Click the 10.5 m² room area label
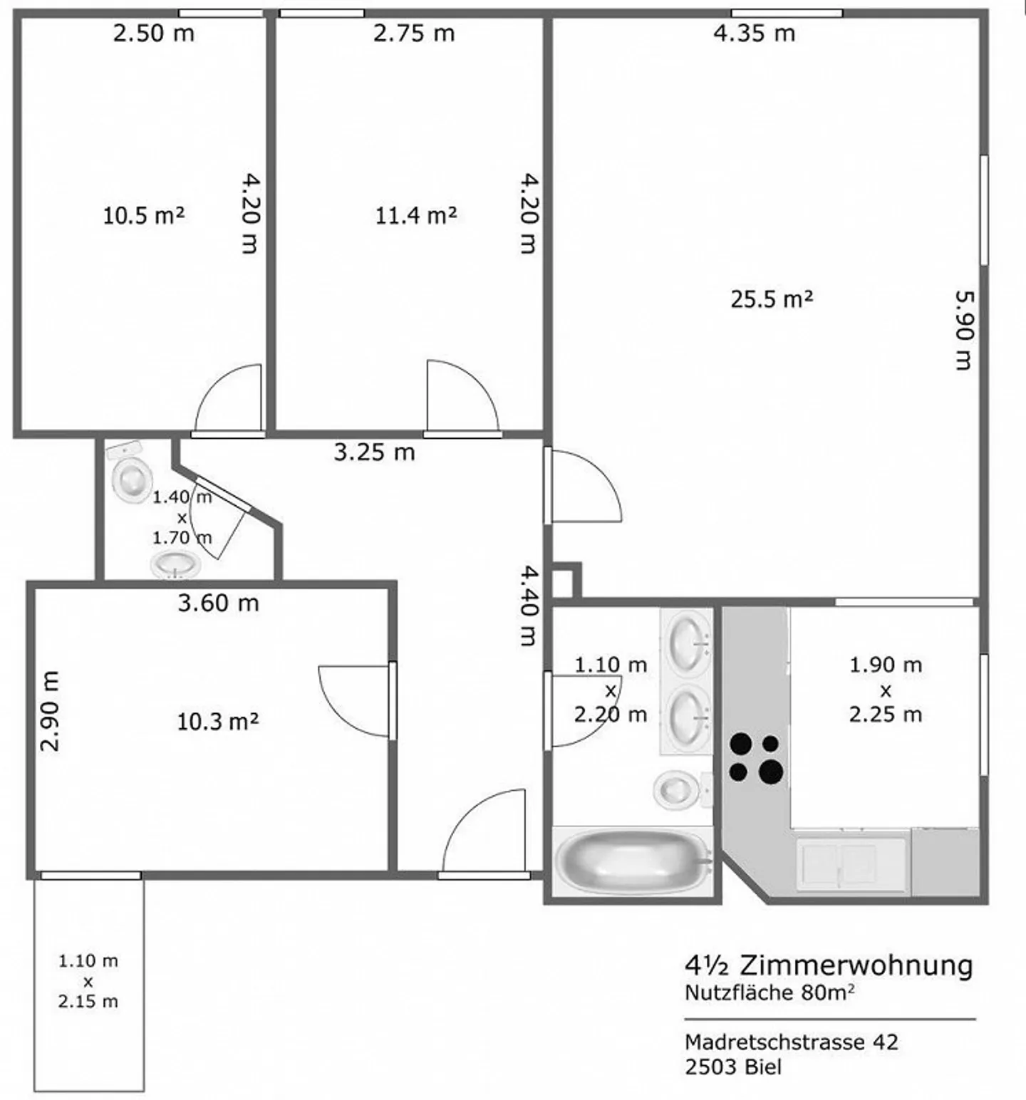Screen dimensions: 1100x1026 [x=144, y=215]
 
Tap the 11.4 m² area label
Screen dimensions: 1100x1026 [x=416, y=215]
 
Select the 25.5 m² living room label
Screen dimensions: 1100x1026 [x=772, y=299]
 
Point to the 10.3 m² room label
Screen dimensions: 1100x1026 [x=217, y=722]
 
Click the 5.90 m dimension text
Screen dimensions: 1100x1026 [x=963, y=329]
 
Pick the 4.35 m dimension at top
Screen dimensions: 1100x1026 [x=754, y=33]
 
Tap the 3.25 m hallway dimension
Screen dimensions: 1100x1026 [x=374, y=452]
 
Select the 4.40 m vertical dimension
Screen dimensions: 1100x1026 [x=528, y=605]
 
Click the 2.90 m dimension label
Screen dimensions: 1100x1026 [x=51, y=711]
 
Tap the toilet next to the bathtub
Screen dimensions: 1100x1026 [x=677, y=789]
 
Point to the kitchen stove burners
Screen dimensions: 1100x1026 [x=755, y=757]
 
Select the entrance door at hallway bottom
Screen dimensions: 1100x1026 [x=483, y=834]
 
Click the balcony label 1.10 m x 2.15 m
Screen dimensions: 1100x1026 [x=88, y=981]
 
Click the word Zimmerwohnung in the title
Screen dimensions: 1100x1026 [x=856, y=965]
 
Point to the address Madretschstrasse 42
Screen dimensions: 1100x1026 [x=791, y=1042]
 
